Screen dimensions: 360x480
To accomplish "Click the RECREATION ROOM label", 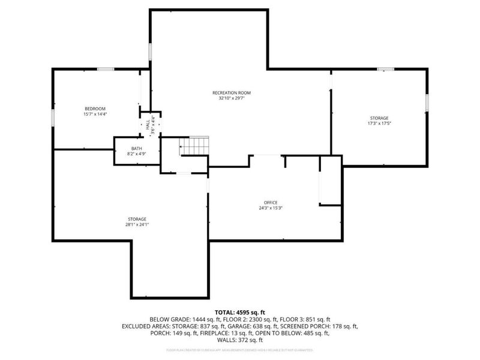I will point(231,92).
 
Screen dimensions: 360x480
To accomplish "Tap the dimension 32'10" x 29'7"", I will point(231,98).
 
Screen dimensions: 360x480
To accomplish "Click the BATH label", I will point(137,148).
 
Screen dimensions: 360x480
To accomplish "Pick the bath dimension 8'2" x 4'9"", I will point(137,154).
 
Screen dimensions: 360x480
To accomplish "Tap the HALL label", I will point(148,125).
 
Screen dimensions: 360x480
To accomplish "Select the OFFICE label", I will point(271,202).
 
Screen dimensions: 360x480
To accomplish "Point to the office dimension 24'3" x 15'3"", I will point(271,208).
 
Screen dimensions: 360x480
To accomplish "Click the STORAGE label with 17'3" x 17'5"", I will point(379,118).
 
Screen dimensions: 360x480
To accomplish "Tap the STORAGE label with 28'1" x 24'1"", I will point(137,219).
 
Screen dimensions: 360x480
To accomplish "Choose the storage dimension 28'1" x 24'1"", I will point(137,225).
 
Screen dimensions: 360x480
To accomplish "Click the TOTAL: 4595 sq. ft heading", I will point(240,313).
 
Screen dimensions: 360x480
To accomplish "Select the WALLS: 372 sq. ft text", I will point(240,340).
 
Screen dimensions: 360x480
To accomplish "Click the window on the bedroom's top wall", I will point(106,69).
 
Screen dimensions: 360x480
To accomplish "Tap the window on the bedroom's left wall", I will point(53,118).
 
